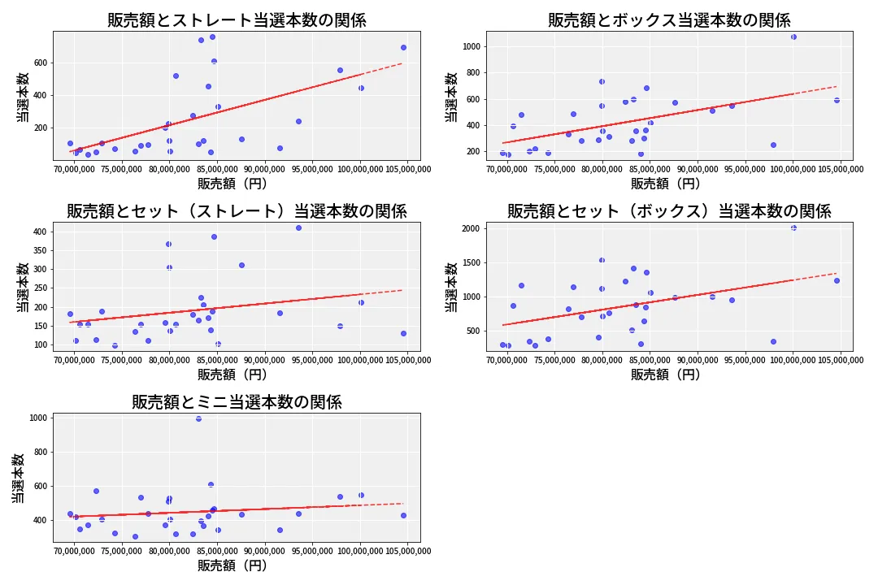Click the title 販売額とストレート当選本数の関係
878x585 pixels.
tap(237, 20)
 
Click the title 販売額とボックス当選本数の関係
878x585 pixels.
tap(669, 20)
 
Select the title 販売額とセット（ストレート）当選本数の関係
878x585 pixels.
tap(237, 211)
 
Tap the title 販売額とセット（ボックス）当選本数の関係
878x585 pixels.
tap(669, 211)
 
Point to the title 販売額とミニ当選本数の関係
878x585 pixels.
tap(237, 402)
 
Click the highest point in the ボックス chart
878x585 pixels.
tap(793, 37)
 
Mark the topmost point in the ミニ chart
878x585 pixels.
tap(199, 418)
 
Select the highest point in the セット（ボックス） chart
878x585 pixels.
tap(793, 227)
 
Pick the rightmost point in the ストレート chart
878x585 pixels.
tap(404, 48)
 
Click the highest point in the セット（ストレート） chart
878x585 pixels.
tap(298, 227)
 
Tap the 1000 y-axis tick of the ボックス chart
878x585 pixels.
tap(472, 46)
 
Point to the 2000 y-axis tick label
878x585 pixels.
tap(472, 228)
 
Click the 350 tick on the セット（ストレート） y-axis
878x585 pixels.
tap(41, 250)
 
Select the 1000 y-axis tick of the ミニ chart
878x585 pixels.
tap(39, 418)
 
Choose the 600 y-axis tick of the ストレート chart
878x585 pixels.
tap(41, 63)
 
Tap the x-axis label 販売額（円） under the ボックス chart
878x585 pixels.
tap(666, 184)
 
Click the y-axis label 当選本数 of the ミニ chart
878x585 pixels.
tap(18, 478)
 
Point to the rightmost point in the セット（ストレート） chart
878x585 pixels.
tap(404, 334)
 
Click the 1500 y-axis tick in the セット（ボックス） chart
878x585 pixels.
tap(472, 262)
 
